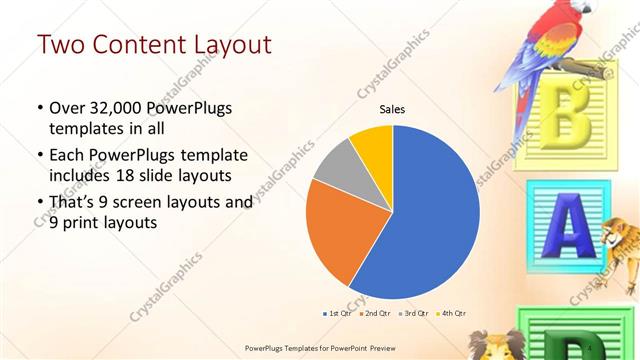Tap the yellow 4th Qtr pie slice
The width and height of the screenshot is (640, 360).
[x=373, y=145]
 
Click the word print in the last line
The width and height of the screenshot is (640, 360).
[x=84, y=224]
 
